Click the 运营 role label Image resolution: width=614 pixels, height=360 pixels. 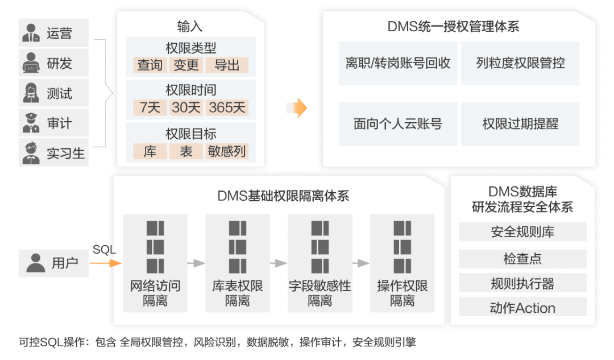pyautogui.click(x=59, y=34)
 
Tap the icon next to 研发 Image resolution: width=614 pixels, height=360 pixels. pyautogui.click(x=31, y=64)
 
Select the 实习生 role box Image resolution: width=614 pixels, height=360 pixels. pyautogui.click(x=53, y=153)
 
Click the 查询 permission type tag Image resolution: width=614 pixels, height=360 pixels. pyautogui.click(x=150, y=65)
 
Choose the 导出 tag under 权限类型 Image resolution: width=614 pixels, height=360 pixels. pyautogui.click(x=227, y=65)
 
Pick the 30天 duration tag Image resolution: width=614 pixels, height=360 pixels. pyautogui.click(x=186, y=107)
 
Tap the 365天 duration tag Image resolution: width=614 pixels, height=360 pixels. pyautogui.click(x=227, y=107)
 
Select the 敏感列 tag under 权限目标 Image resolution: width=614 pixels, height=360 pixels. pyautogui.click(x=227, y=151)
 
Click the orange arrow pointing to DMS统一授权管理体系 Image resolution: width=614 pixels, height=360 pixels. pyautogui.click(x=296, y=107)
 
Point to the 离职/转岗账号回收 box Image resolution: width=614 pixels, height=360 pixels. pyautogui.click(x=397, y=63)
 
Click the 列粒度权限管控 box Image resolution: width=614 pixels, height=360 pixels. pyautogui.click(x=520, y=63)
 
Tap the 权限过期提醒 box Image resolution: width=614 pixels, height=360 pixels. pyautogui.click(x=520, y=124)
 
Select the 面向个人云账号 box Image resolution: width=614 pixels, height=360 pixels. pyautogui.click(x=397, y=124)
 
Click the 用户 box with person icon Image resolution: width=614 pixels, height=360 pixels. pyautogui.click(x=53, y=263)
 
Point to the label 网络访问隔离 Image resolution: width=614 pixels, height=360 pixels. pyautogui.click(x=155, y=293)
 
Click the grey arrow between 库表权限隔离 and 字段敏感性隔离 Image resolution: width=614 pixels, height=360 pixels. pyautogui.click(x=278, y=263)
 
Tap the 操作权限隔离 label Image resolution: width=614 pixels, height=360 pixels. pyautogui.click(x=402, y=293)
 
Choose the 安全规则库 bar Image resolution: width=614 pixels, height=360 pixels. pyautogui.click(x=522, y=232)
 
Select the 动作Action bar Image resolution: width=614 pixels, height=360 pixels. pyautogui.click(x=522, y=308)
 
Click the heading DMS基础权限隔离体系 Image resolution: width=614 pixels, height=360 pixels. pyautogui.click(x=283, y=197)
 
